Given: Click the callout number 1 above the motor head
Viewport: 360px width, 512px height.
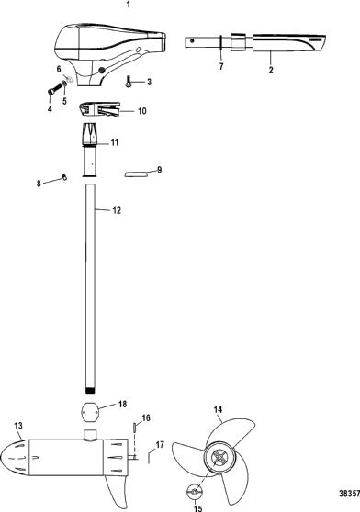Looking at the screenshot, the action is pos(129,6).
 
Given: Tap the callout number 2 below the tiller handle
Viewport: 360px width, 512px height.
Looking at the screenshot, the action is pos(271,70).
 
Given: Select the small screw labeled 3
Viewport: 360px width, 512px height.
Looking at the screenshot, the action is pos(128,81).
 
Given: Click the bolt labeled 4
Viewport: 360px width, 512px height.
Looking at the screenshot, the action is pos(55,89).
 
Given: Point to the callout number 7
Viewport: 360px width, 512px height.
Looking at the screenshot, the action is pos(221,66).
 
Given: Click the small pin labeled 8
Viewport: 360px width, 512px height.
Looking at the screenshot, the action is pos(64,177).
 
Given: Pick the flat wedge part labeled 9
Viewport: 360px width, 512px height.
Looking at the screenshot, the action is pos(136,173).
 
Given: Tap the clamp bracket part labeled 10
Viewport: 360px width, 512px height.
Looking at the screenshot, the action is pos(100,109).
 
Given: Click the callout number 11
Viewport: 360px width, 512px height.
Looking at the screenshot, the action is pos(114,143).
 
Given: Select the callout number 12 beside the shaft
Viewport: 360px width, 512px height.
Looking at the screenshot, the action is pos(117,210).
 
